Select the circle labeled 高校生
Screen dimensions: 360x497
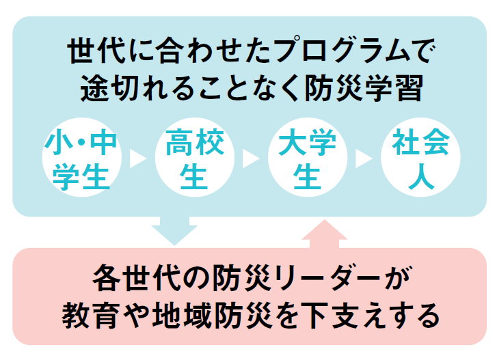[x=193, y=159]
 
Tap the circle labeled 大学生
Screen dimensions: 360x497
[x=306, y=159]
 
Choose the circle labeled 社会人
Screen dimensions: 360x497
[x=420, y=159]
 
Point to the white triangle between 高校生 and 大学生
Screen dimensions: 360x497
[x=249, y=159]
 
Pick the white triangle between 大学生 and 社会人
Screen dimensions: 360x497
[x=362, y=159]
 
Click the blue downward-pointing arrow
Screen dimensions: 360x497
[x=174, y=231]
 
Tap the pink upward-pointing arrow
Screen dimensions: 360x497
[x=325, y=235]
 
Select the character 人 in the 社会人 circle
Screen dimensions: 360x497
[x=420, y=177]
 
